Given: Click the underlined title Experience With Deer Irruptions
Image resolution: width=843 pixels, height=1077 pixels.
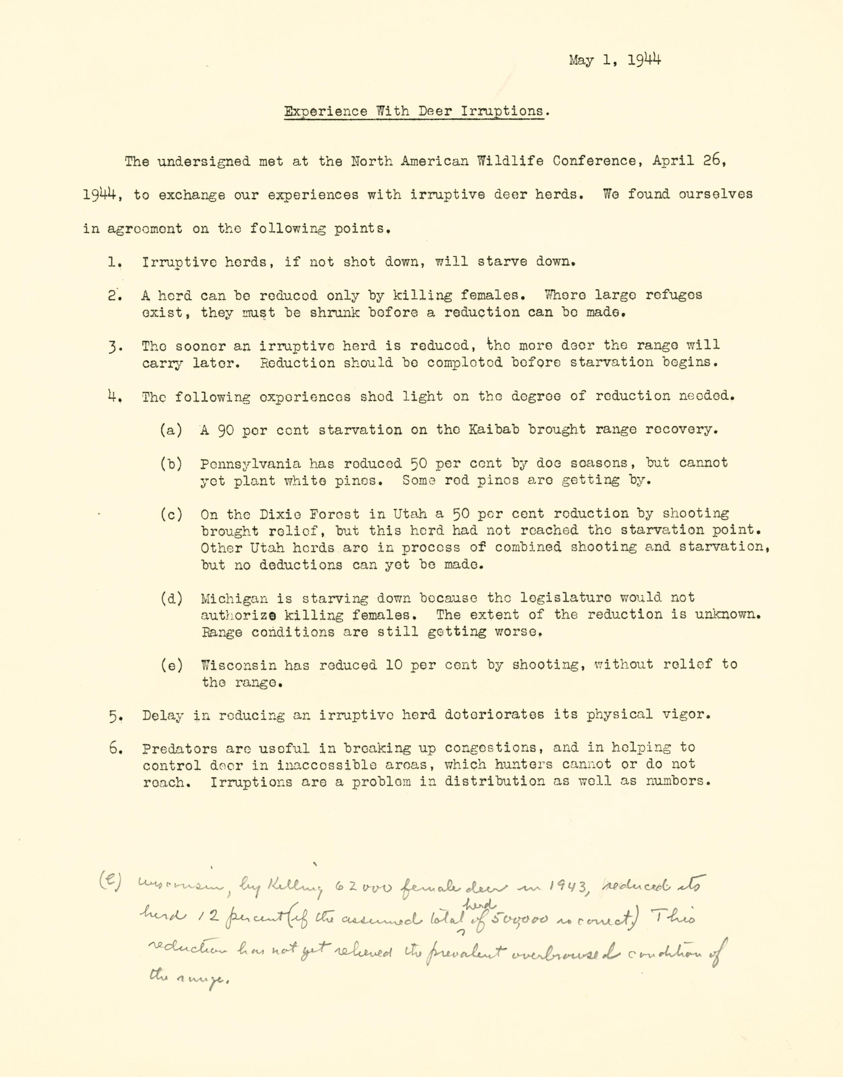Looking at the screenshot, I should pos(416,111).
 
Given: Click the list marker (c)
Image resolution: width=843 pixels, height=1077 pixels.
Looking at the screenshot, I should pos(171,514).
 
